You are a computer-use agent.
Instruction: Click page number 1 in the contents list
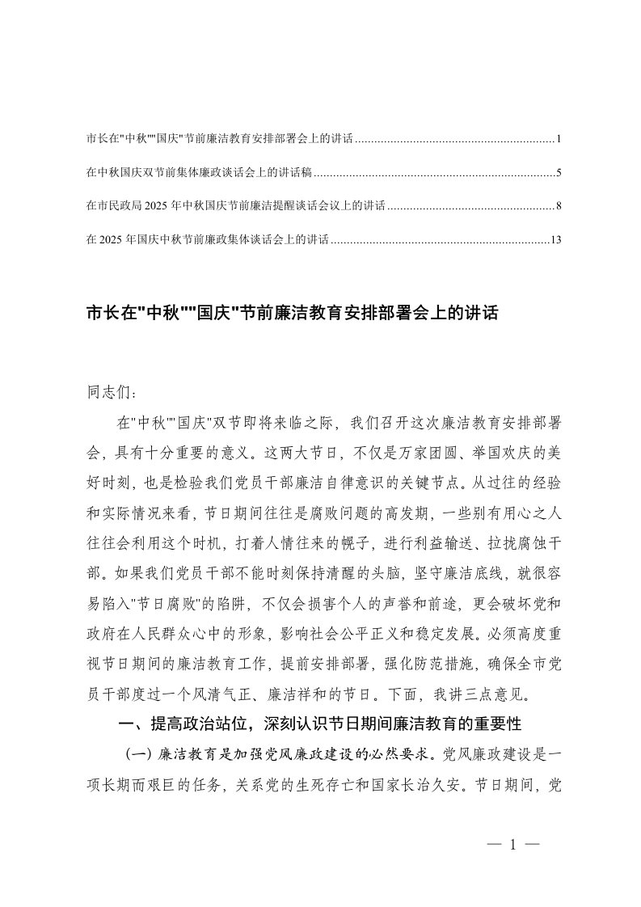point(559,140)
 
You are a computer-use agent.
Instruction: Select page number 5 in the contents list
point(559,173)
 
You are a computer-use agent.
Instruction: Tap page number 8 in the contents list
point(559,206)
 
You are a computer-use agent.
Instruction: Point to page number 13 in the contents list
point(555,239)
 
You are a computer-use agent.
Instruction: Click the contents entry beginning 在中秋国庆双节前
point(199,173)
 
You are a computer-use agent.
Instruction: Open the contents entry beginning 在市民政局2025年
point(235,206)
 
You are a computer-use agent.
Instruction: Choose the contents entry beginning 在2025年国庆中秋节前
point(207,239)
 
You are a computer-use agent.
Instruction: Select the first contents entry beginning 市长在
point(219,140)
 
